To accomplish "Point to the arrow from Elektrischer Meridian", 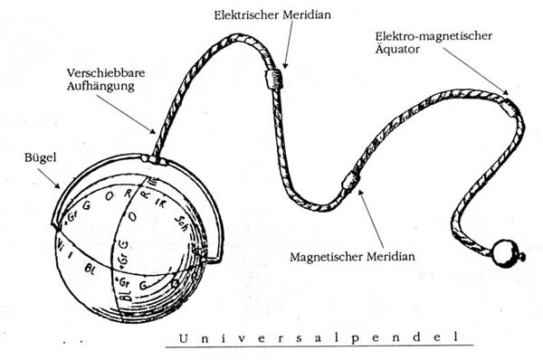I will tap(287, 45).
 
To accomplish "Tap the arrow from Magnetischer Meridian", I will tap(369, 217).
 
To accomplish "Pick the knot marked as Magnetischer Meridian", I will tap(349, 182).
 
